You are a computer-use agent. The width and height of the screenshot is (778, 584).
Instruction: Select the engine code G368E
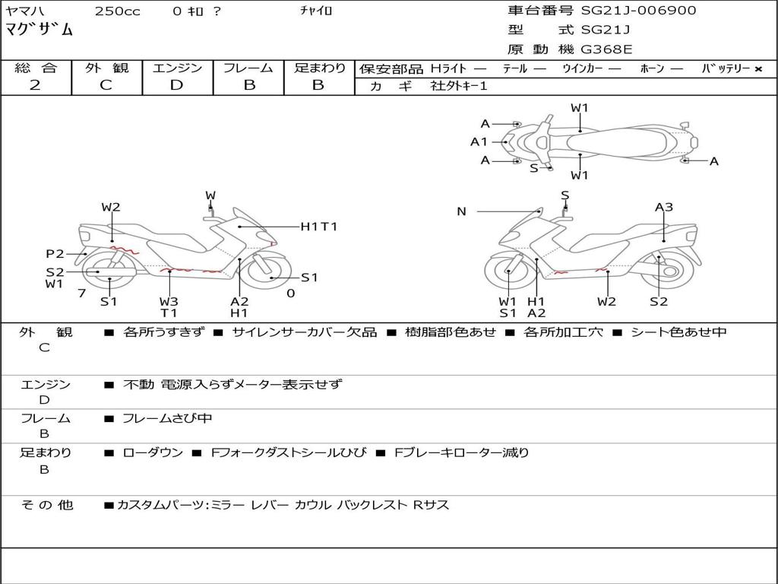pos(606,50)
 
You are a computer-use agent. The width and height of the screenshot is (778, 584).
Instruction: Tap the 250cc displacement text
pos(117,11)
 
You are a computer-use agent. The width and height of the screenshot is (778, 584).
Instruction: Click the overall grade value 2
pos(35,85)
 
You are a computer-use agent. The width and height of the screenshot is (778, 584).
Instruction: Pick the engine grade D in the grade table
pos(177,85)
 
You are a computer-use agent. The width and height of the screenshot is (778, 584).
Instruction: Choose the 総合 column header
pos(36,68)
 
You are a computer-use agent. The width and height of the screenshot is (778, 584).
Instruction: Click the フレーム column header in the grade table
pos(248,68)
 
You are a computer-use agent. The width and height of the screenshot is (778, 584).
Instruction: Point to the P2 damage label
pos(55,254)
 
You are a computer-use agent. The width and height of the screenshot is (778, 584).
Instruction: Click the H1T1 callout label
pos(318,227)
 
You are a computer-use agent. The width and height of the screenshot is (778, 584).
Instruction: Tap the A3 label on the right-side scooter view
pos(664,207)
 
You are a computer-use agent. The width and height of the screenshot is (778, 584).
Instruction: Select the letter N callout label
pos(461,211)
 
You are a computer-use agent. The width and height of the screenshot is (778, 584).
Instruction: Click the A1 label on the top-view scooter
pos(479,141)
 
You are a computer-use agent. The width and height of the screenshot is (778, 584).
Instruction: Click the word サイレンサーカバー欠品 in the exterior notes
pos(304,332)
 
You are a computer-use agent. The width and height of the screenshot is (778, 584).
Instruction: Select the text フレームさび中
pos(167,418)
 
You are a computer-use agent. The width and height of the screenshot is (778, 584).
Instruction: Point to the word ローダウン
pos(153,452)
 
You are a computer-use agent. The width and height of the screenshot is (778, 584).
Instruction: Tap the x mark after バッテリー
pos(757,69)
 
